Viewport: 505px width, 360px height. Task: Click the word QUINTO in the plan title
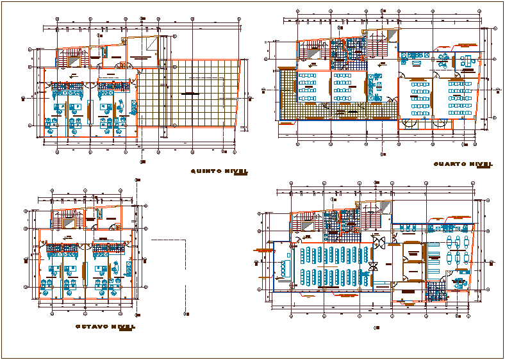(x=206, y=171)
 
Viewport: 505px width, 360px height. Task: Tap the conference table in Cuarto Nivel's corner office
(x=465, y=61)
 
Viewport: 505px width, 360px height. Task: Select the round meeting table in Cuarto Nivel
(x=442, y=61)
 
